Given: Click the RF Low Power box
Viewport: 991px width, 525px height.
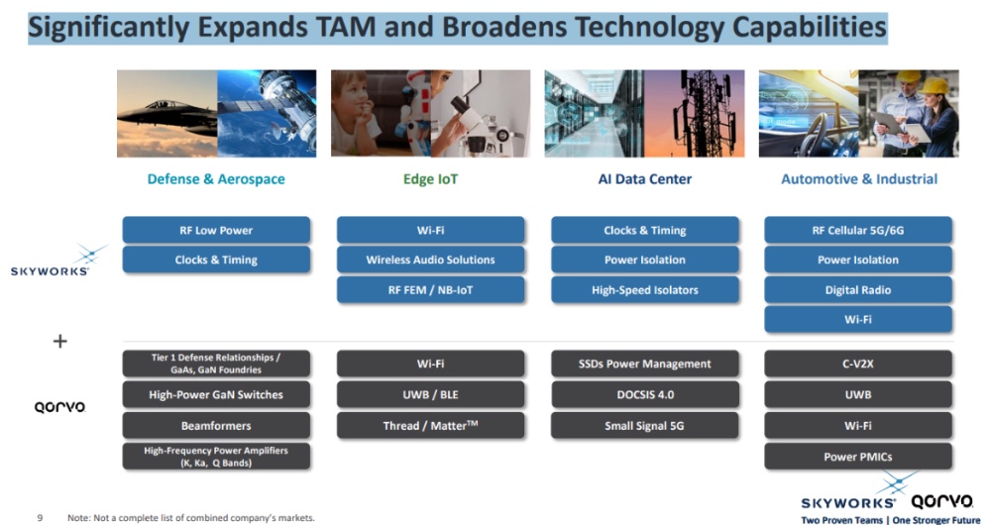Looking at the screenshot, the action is coord(216,230).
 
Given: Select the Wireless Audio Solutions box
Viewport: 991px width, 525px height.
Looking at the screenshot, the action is coord(430,260).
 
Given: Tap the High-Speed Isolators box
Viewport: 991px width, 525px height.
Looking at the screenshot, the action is coord(644,290).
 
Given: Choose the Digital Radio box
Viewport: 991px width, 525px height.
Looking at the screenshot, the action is coord(858,290).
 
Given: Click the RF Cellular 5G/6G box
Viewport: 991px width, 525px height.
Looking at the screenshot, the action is coord(858,230).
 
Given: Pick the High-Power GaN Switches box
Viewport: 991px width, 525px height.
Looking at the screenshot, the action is coord(216,394).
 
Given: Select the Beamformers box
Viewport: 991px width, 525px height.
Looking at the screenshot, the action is coord(216,425).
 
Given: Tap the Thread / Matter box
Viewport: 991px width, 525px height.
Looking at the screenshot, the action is coord(430,425).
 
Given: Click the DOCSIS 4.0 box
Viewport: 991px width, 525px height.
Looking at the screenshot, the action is coord(644,394).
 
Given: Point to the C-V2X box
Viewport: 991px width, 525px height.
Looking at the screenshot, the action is coord(858,364).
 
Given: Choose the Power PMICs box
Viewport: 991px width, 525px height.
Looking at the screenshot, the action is coord(858,457).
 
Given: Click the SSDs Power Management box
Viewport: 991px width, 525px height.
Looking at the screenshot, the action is coord(644,364).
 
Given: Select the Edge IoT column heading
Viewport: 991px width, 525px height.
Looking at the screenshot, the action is coord(430,179).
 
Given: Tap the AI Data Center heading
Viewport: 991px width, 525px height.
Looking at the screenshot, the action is coord(644,179).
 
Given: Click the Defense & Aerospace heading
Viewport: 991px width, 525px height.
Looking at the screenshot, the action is coord(216,179).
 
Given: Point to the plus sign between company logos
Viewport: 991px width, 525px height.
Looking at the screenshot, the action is coord(59,341).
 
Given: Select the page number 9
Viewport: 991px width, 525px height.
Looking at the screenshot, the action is coord(40,517).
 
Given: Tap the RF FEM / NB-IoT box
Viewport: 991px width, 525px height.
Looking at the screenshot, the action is coord(430,290).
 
